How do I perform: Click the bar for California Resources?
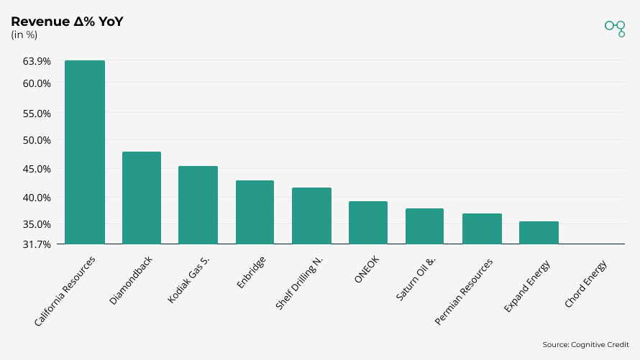tap(85, 152)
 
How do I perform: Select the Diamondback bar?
tap(142, 198)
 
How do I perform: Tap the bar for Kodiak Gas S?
tap(198, 205)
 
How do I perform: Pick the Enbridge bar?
tap(255, 212)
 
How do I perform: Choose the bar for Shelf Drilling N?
tap(311, 216)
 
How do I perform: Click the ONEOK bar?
tap(368, 223)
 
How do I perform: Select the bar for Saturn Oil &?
tap(424, 226)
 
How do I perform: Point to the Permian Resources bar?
tap(482, 229)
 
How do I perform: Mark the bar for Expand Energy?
tap(539, 233)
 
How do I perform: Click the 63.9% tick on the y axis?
tap(37, 61)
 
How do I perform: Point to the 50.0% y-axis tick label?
tap(37, 140)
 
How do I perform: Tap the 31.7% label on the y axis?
tap(37, 244)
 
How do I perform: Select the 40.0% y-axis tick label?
tap(37, 198)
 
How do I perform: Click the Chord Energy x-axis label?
tap(587, 284)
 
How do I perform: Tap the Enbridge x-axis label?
tap(252, 273)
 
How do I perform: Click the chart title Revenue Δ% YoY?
tap(67, 22)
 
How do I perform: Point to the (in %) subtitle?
tap(24, 34)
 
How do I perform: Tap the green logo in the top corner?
tap(615, 27)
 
